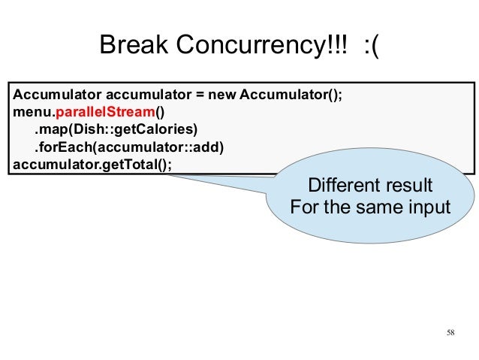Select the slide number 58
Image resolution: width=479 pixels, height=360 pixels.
(x=450, y=333)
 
